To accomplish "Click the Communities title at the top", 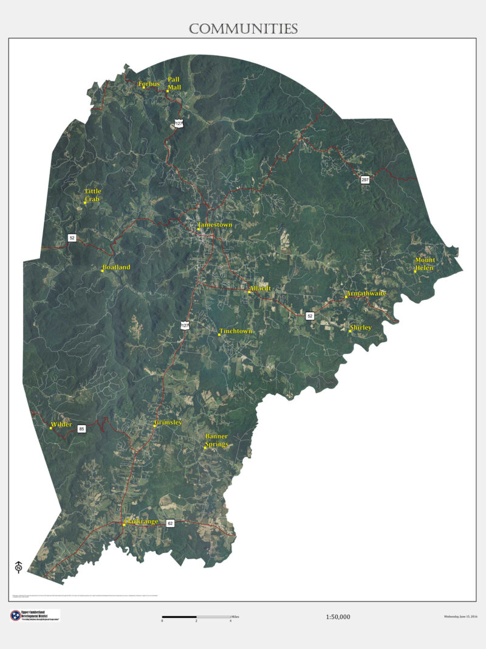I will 243,29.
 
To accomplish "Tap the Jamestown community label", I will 215,225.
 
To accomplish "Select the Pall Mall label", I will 174,83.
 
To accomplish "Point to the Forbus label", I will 149,84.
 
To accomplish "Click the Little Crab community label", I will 93,195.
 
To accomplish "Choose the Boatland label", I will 116,267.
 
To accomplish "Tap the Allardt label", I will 260,288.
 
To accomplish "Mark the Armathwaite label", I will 366,293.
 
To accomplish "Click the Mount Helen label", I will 425,264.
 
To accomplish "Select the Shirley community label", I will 360,327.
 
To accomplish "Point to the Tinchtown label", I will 236,331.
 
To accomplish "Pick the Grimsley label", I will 168,422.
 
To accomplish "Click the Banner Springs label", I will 216,440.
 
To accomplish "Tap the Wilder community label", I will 61,424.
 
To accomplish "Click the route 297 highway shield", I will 365,179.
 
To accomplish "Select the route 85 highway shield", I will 81,429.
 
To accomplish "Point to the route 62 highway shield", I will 170,523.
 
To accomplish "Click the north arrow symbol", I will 18,567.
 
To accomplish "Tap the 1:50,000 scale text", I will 338,617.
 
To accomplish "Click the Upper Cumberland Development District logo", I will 35,615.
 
